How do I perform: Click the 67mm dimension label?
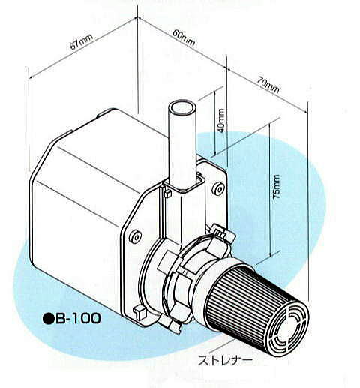coord(82,41)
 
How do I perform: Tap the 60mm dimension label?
coord(184,38)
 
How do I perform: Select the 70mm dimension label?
coord(268,85)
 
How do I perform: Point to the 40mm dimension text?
coord(221,120)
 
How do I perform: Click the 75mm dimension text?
coord(277,187)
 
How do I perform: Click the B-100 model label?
coord(78,318)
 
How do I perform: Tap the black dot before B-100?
coord(48,319)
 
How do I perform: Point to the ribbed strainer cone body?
coord(250,299)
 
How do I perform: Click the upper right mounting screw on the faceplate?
coord(218,189)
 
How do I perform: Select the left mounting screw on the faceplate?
coord(135,236)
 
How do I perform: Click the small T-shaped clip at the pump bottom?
coord(139,312)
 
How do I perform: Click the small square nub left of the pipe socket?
coord(167,193)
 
